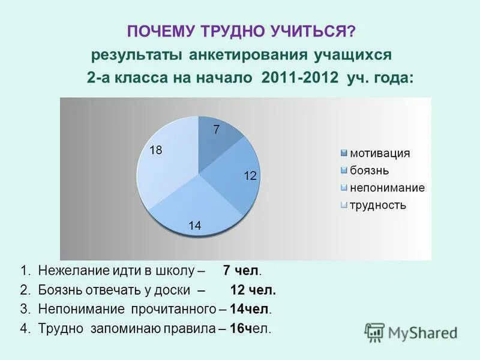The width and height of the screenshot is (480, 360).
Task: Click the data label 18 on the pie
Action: pyautogui.click(x=155, y=151)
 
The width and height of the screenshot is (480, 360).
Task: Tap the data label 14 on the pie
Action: pyautogui.click(x=194, y=226)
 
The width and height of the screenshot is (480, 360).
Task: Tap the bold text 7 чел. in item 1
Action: pyautogui.click(x=242, y=270)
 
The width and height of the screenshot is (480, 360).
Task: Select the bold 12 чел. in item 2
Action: pyautogui.click(x=253, y=290)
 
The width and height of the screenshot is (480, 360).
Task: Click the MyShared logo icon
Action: pyautogui.click(x=374, y=332)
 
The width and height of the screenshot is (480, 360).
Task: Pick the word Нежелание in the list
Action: pyautogui.click(x=67, y=270)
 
